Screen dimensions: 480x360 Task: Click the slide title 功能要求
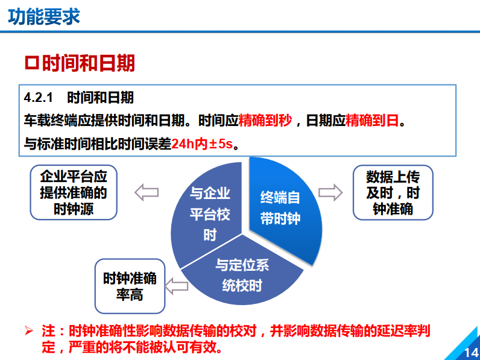(x=44, y=16)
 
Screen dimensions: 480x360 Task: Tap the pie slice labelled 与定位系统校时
(x=242, y=275)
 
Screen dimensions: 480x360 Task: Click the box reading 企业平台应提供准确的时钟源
(x=73, y=193)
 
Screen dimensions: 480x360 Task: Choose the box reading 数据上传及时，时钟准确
(x=393, y=193)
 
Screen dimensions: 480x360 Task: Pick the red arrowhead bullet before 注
(x=28, y=330)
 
